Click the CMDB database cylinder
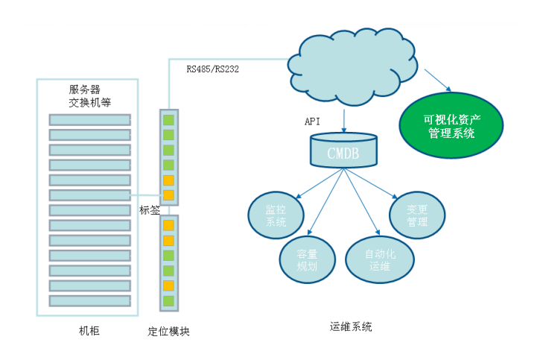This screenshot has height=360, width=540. click(x=343, y=151)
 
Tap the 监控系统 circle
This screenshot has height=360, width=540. click(x=276, y=216)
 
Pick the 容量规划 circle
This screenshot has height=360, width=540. click(x=307, y=260)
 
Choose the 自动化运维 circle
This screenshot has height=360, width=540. click(x=380, y=260)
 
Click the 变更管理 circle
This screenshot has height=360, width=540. click(x=417, y=216)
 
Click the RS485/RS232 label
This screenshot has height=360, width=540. click(x=212, y=69)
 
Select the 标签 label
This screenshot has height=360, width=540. click(x=150, y=211)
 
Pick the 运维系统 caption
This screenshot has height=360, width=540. click(x=350, y=326)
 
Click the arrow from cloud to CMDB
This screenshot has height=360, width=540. click(x=343, y=119)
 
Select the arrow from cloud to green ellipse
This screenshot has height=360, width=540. click(x=438, y=80)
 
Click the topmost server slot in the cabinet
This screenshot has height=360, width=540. click(x=89, y=119)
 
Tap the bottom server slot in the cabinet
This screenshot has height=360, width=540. click(x=89, y=300)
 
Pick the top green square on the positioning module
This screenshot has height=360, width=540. click(x=168, y=119)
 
